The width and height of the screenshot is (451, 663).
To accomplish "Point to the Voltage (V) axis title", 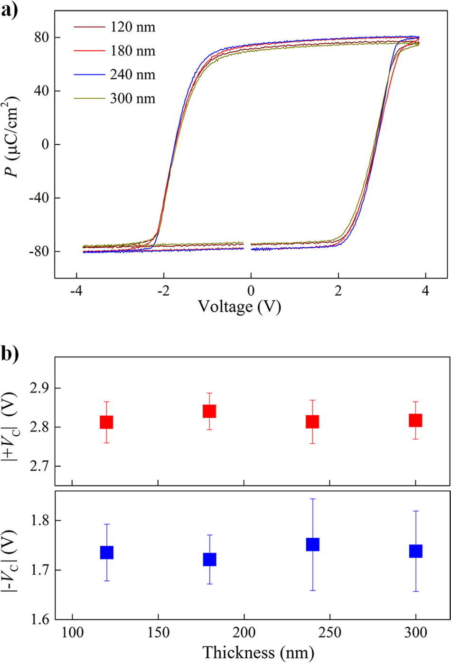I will (x=239, y=307).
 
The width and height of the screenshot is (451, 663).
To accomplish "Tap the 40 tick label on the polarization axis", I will (x=41, y=91).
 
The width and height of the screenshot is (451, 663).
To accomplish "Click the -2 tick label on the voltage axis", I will (x=164, y=290).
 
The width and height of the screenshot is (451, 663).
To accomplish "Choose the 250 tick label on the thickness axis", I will (x=329, y=633).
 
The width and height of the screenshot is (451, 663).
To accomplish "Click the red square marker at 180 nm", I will (x=209, y=411).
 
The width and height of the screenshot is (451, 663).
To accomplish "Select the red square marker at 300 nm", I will (x=415, y=420).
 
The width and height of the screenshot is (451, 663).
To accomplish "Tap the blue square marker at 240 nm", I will (x=312, y=544).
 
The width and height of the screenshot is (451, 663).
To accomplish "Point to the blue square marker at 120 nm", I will (x=107, y=552).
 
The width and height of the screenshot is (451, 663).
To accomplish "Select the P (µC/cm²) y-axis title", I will (x=13, y=135).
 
